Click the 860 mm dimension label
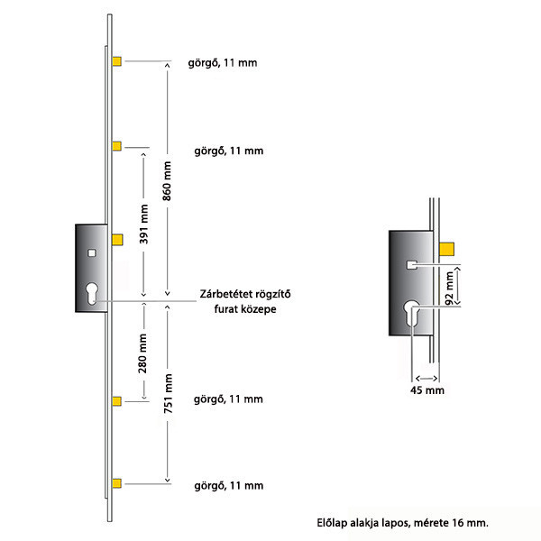click(x=167, y=181)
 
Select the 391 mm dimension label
click(x=144, y=224)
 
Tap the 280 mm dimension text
click(x=142, y=353)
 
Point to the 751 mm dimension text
click(x=168, y=393)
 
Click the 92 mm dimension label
click(x=450, y=289)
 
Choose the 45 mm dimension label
click(x=427, y=390)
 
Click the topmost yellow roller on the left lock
click(x=117, y=61)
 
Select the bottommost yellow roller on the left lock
click(x=117, y=483)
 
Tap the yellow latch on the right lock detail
click(x=447, y=249)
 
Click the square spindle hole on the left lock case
click(x=92, y=253)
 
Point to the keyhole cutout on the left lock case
click(x=92, y=293)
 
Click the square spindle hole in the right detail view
click(x=412, y=265)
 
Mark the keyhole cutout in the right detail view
click(x=412, y=313)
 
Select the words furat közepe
click(x=245, y=308)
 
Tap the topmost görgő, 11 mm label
click(x=223, y=63)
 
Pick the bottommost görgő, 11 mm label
click(x=229, y=486)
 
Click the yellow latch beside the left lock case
click(x=117, y=240)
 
